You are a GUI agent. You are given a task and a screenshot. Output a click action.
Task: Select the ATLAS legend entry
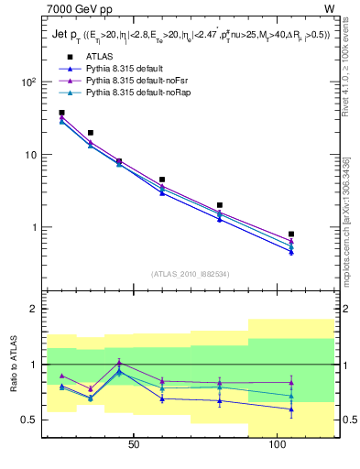coord(100,57)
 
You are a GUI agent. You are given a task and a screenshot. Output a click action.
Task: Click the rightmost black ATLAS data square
coord(291,234)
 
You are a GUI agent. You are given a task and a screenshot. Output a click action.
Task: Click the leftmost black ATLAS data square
coord(61,113)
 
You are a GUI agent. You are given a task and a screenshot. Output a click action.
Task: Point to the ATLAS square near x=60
coord(162,180)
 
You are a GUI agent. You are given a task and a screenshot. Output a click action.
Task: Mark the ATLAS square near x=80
coord(220,205)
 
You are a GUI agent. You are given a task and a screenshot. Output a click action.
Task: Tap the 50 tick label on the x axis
coord(134,445)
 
